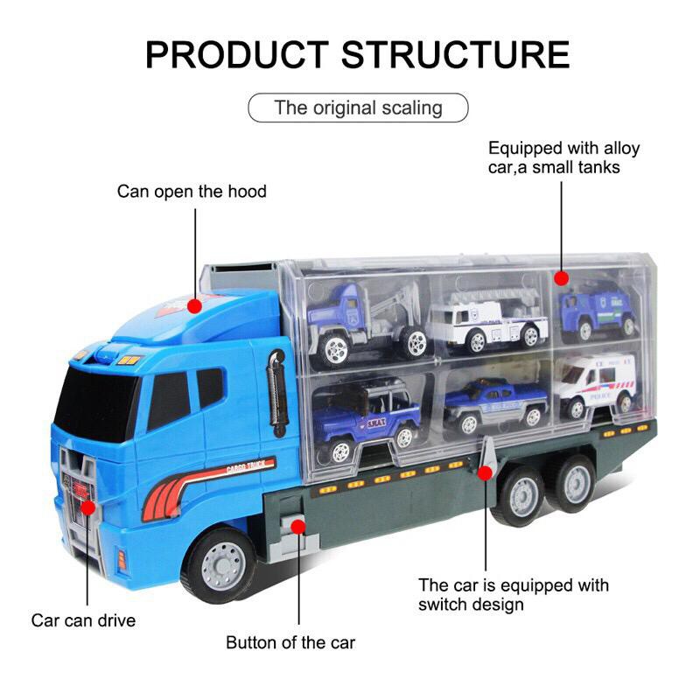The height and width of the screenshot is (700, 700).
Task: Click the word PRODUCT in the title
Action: coord(236,53)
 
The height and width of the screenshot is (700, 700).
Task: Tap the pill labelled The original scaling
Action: coord(358,108)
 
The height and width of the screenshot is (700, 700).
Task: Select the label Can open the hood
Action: coord(192,191)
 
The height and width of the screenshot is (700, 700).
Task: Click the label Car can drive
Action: coord(84,620)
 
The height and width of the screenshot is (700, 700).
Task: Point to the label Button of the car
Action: coord(290,642)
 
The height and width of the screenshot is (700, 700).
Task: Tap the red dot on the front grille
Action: coord(87,507)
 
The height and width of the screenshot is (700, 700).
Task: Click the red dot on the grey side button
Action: coord(298,526)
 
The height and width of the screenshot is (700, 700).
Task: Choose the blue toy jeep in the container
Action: coord(365,416)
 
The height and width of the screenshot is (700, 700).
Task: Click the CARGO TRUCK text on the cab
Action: coord(247,465)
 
